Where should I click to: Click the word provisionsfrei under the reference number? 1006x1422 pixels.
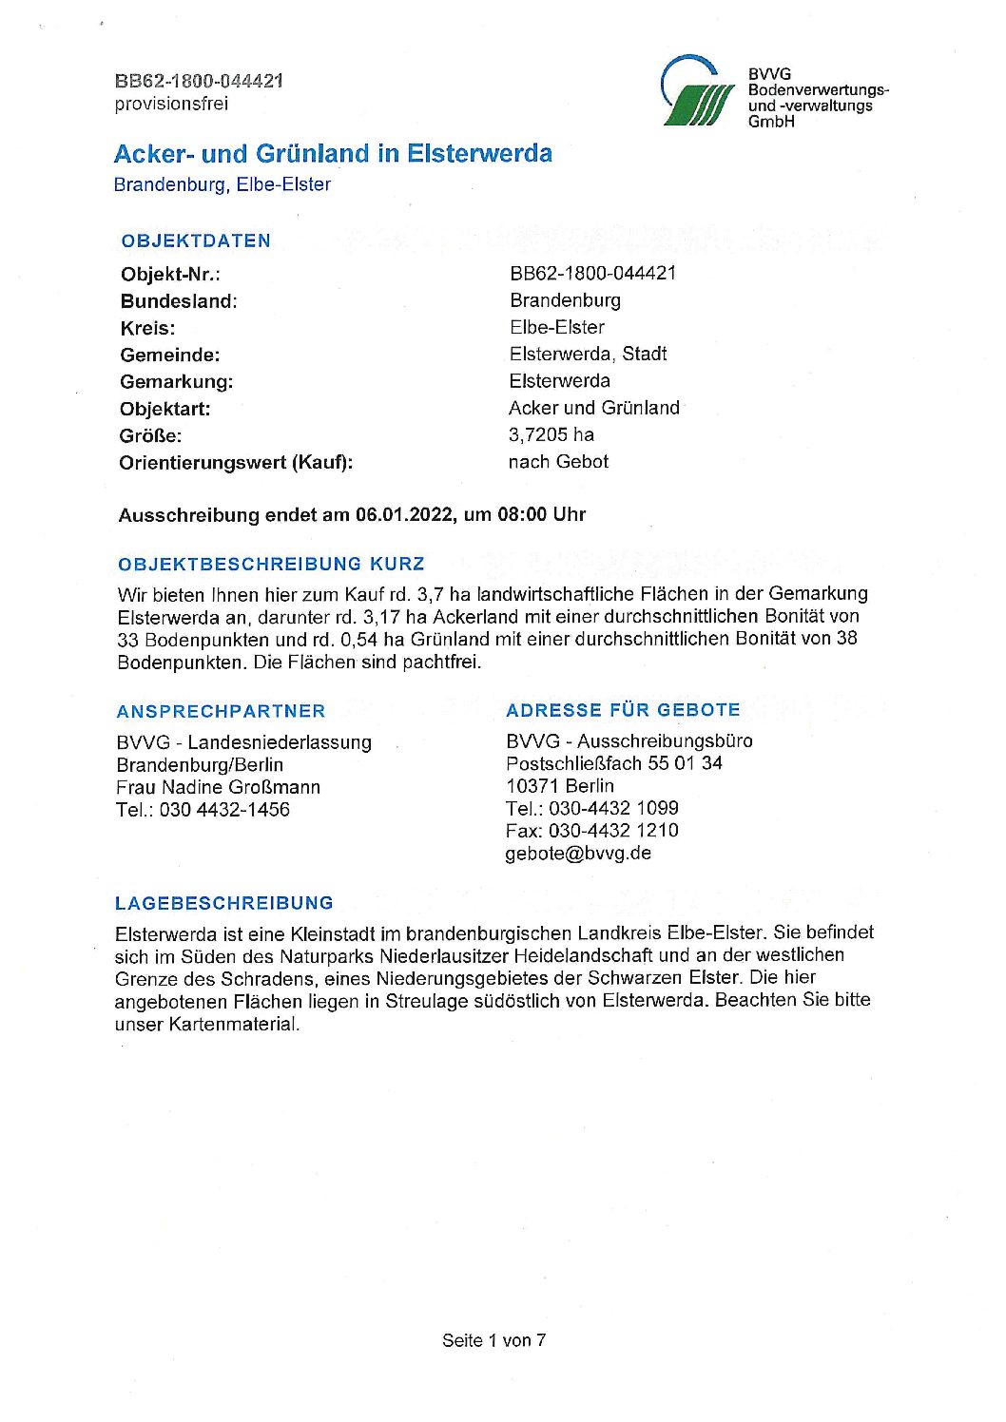click(x=171, y=104)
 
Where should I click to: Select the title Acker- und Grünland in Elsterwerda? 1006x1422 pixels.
click(x=333, y=154)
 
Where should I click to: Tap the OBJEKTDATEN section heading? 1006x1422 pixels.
click(x=196, y=240)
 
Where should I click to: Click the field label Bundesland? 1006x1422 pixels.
click(x=179, y=301)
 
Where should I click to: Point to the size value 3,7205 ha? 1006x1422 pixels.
click(x=551, y=435)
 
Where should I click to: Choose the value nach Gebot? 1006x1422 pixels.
click(x=558, y=462)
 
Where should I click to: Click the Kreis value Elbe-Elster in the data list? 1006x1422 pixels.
click(x=557, y=327)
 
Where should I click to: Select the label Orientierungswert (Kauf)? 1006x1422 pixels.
click(x=236, y=463)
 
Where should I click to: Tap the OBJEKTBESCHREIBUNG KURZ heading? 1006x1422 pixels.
click(x=271, y=564)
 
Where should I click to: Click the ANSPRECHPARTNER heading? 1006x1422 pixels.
click(x=221, y=711)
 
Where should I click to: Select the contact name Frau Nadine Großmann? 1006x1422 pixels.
click(x=219, y=787)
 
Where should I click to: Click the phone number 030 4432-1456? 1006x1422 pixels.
click(x=224, y=810)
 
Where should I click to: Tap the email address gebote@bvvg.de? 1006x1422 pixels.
click(x=578, y=853)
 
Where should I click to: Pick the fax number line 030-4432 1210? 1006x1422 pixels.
click(x=591, y=830)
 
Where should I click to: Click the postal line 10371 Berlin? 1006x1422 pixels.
click(x=560, y=786)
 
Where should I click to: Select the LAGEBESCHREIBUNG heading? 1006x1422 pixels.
click(x=224, y=903)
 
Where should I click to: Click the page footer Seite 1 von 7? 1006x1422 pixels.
click(x=493, y=1340)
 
